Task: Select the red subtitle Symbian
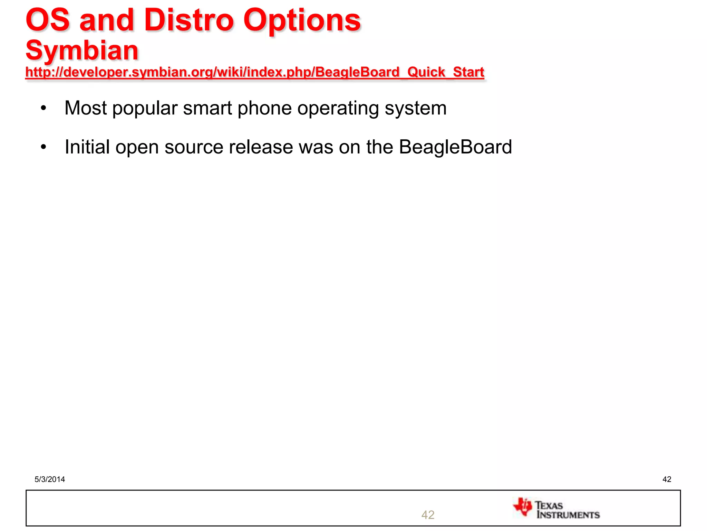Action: click(82, 50)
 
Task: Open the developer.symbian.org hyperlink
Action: click(254, 72)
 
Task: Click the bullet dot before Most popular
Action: click(43, 108)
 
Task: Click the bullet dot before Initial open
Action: click(43, 147)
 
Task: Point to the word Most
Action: click(85, 108)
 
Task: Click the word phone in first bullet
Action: click(264, 108)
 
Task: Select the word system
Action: click(416, 109)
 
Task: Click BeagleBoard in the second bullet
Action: click(455, 147)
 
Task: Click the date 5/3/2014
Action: click(50, 479)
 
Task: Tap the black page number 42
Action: click(667, 479)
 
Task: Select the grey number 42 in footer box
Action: click(428, 515)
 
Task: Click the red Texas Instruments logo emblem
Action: click(523, 507)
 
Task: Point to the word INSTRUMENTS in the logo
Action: click(568, 515)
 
